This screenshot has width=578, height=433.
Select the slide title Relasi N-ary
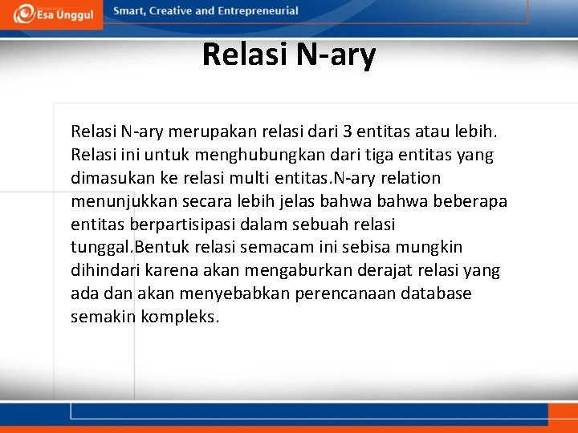(289, 55)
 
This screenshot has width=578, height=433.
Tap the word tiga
(373, 154)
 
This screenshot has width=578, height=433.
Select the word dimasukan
(108, 177)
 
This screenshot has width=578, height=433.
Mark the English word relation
(407, 177)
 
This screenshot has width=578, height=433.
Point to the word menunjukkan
(118, 200)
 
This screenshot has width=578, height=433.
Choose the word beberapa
(471, 200)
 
